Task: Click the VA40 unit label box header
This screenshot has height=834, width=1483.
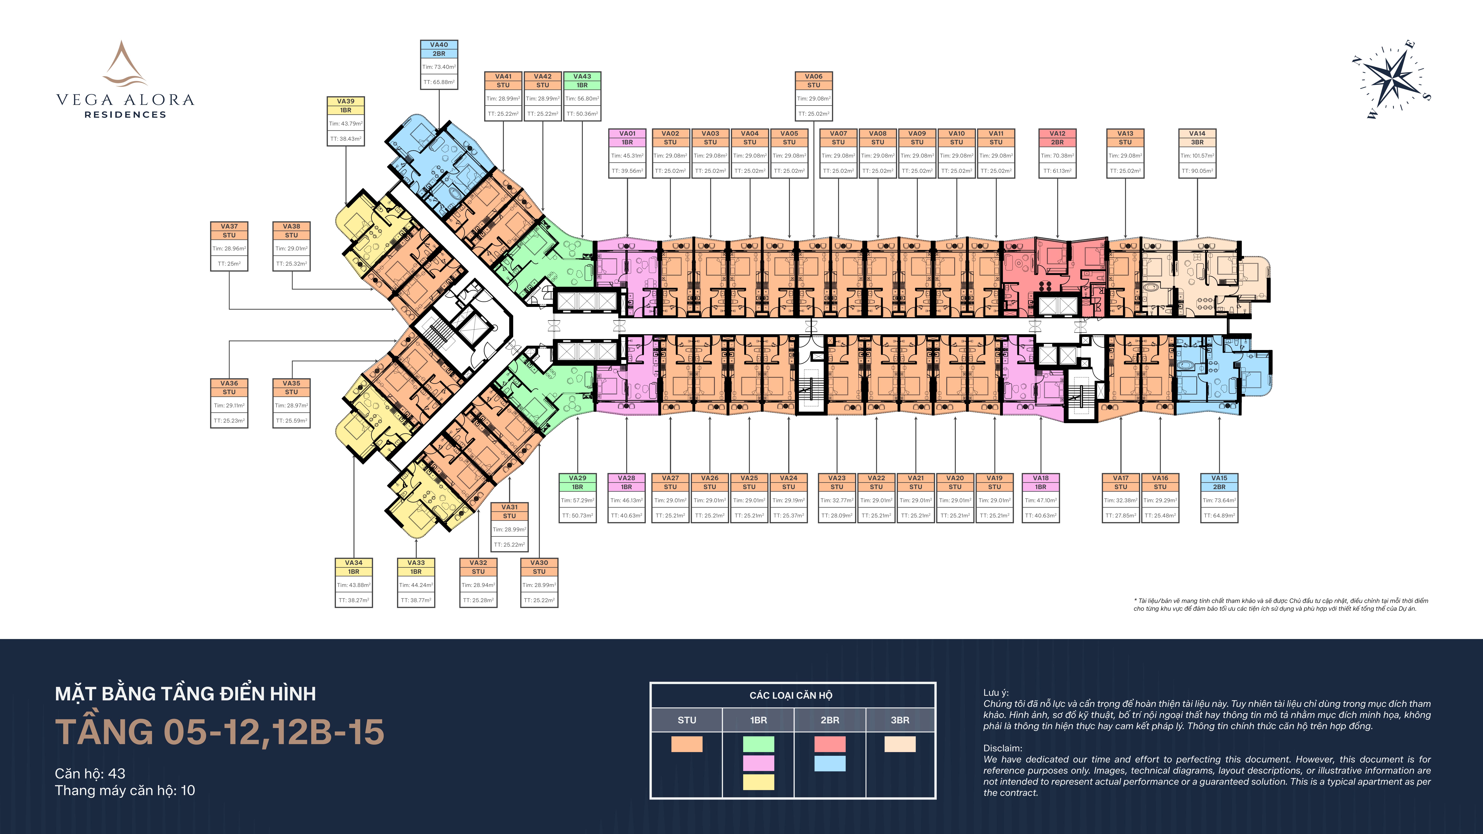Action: point(439,49)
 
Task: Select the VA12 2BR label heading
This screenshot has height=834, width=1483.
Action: point(1057,138)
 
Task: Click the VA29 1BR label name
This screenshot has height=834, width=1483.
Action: point(577,482)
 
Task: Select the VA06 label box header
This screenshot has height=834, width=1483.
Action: point(813,81)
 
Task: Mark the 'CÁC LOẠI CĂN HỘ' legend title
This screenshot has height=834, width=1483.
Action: point(791,695)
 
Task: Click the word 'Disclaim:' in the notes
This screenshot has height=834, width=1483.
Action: point(1003,748)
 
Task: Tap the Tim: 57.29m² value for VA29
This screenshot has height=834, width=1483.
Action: point(577,500)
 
